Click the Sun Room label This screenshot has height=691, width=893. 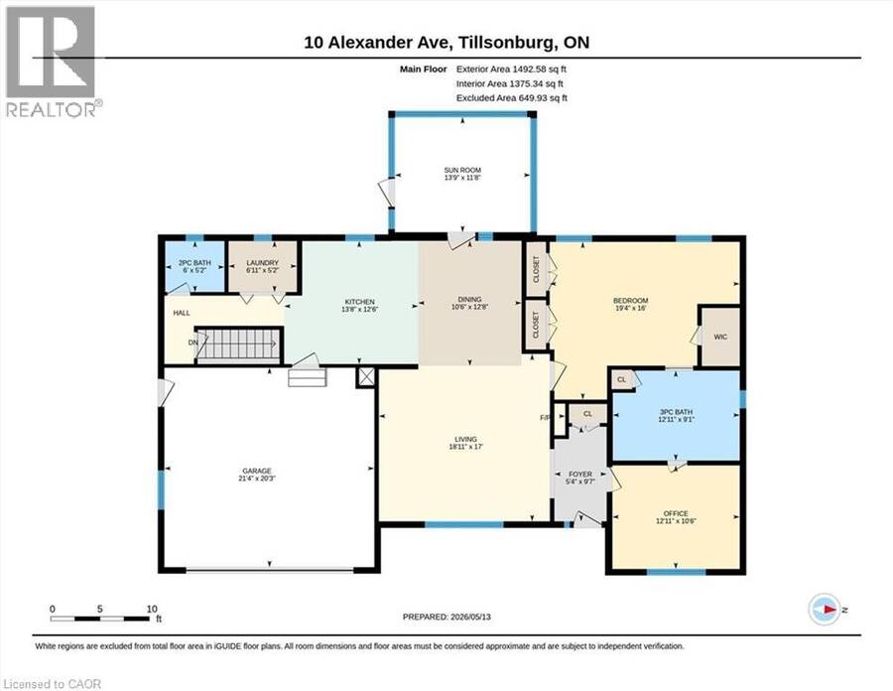coord(462,170)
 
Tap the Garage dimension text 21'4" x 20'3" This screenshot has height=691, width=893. coord(257,479)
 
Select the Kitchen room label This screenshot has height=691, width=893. coord(360,302)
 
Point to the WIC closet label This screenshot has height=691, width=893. coord(720,337)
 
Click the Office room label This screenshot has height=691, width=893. coord(676,513)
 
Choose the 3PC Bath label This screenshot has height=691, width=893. coord(676,412)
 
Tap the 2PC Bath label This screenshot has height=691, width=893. coord(194,263)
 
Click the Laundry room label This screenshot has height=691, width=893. coord(263,263)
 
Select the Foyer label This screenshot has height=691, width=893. coord(580,474)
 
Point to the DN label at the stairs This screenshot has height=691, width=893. coord(193,343)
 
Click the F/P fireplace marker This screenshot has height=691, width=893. coord(545,418)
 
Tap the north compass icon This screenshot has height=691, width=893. coord(825,609)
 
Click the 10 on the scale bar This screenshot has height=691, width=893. coord(152,609)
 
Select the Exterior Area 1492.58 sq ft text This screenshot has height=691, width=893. coord(511,69)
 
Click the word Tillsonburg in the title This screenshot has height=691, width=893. coord(507,43)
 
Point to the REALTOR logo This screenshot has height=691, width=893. coord(53,62)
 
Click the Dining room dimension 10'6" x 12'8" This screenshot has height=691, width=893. coord(470,307)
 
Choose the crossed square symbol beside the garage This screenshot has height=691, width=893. coord(366,376)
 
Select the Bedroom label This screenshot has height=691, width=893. coord(630,301)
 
